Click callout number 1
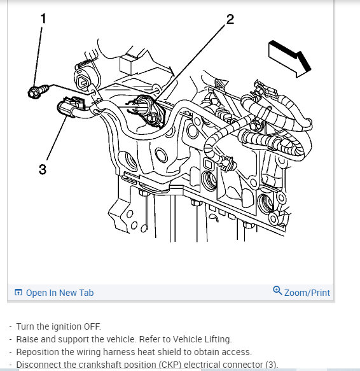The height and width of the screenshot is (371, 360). click(x=43, y=18)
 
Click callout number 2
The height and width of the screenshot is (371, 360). click(x=230, y=19)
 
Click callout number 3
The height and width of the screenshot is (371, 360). click(x=43, y=169)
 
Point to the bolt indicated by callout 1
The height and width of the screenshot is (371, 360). click(x=38, y=92)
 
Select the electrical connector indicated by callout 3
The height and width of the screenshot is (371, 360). click(x=71, y=107)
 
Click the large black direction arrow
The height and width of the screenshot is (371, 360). click(x=290, y=59)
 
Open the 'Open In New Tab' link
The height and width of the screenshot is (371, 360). click(x=60, y=293)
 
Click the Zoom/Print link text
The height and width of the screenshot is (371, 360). click(x=307, y=293)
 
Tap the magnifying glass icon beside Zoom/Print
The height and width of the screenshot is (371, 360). click(x=277, y=290)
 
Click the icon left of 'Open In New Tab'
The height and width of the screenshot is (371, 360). click(x=18, y=293)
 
